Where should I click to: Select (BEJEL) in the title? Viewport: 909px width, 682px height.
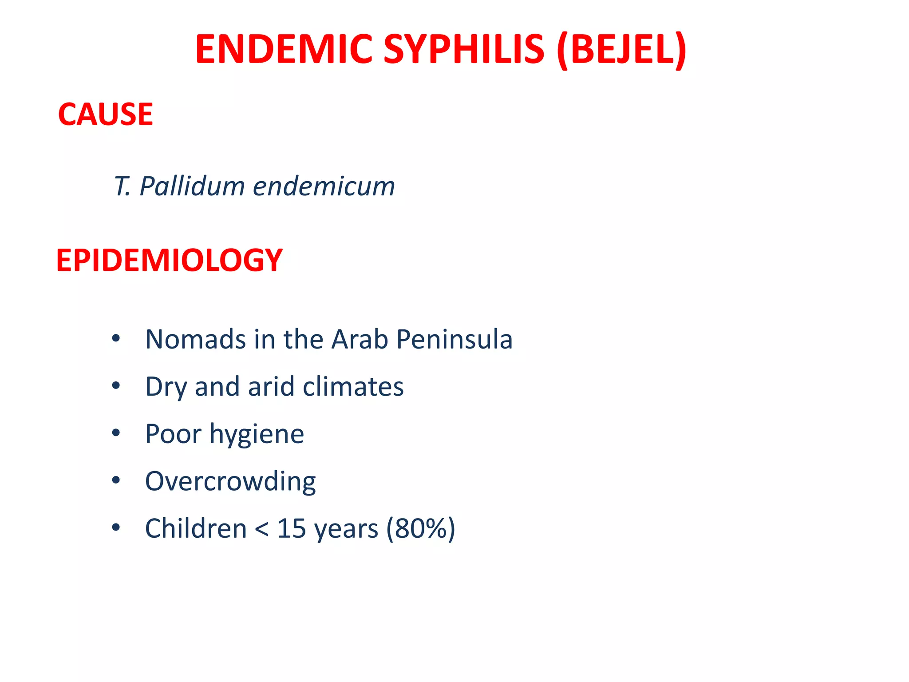point(621,50)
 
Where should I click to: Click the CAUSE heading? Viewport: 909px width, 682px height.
point(106,115)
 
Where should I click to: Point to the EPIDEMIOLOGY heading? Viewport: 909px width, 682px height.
point(169,260)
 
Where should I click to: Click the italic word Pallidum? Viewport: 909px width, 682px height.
point(192,186)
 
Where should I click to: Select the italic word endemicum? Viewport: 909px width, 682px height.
point(324,186)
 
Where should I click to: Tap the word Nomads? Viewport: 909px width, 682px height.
point(195,339)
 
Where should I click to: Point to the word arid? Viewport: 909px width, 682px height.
point(271,386)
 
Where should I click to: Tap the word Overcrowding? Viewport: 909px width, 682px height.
point(230,481)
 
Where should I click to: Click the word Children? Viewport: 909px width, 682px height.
point(196,528)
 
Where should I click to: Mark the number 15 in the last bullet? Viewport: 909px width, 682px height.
point(291,528)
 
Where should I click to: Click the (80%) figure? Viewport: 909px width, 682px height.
point(420,528)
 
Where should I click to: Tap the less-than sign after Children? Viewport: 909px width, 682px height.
point(261,529)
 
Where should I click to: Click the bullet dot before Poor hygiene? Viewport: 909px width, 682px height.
point(116,433)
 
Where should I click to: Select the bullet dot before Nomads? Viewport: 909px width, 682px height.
point(116,339)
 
